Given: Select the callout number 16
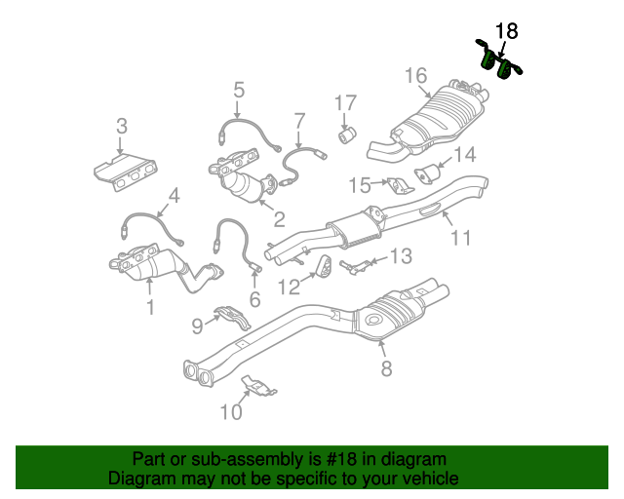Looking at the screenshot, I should coord(415,75).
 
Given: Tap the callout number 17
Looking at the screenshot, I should coord(347,102).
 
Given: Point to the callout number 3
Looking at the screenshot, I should coord(121,125).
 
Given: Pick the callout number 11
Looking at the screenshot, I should coord(460,236).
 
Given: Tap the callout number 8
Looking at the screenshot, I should coord(386,367).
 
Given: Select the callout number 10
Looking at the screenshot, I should coord(230,412).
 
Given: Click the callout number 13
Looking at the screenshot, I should coord(402,255).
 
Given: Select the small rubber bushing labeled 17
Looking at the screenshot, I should coord(347,133).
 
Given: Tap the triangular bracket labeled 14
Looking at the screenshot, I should coord(427,174).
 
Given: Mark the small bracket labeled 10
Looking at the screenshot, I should coord(258,386).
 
